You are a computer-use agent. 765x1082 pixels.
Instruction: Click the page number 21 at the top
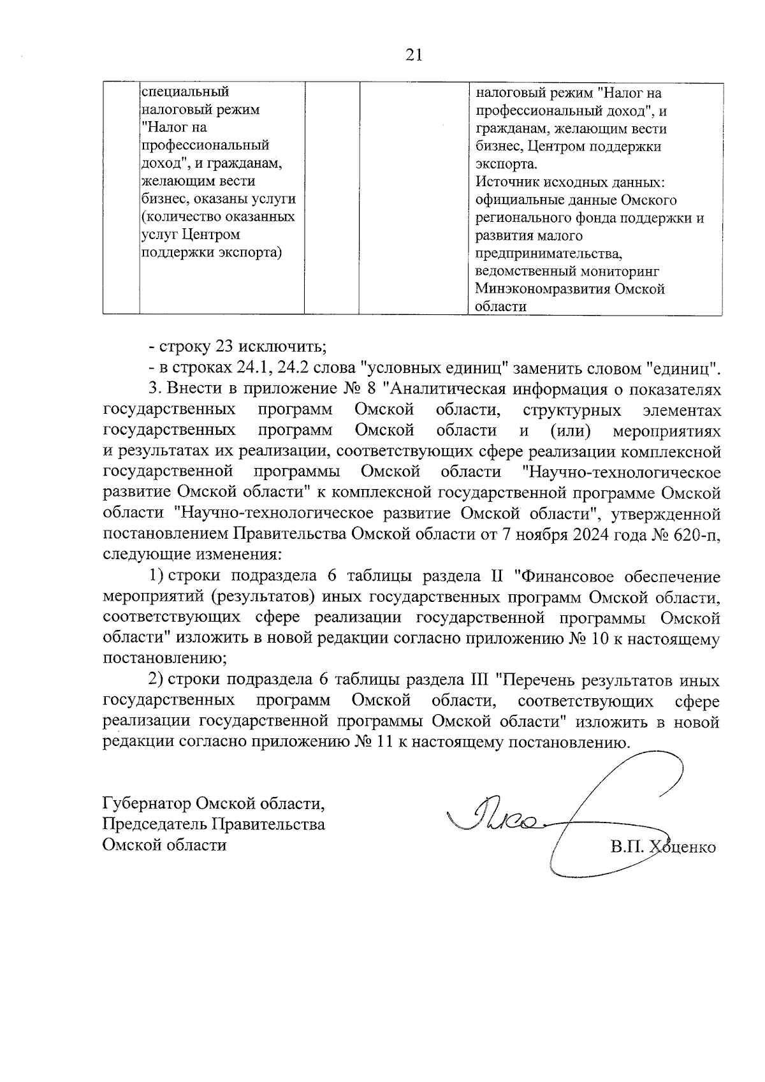(x=413, y=56)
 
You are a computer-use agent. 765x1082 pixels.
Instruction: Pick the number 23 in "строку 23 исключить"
(x=225, y=347)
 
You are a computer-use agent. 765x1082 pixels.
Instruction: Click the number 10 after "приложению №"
(x=602, y=639)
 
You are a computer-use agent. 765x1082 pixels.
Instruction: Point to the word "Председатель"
(x=153, y=824)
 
